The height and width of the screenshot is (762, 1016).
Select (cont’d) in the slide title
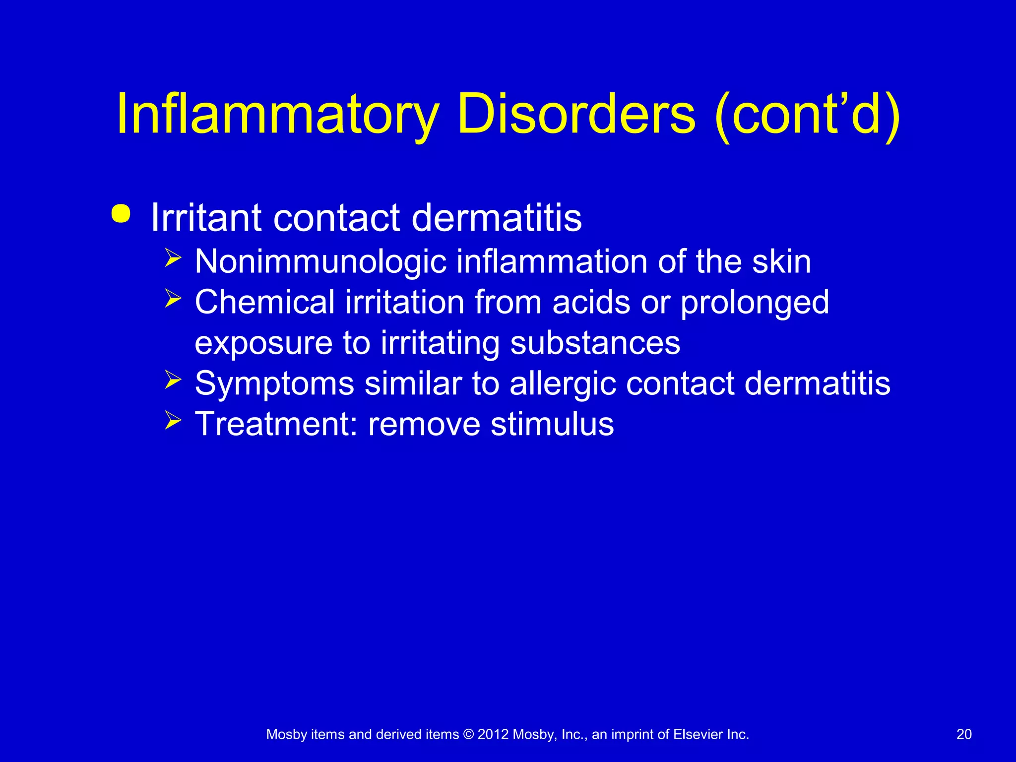808,115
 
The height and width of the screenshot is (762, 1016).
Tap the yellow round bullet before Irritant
121,214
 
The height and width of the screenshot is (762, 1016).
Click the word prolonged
755,303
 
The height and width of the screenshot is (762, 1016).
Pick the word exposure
263,344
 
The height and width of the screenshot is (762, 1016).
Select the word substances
595,343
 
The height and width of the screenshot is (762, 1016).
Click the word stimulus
552,424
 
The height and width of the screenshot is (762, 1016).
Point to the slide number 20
964,734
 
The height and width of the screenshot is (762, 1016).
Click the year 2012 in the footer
493,734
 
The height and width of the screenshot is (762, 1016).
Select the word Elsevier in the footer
698,734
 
